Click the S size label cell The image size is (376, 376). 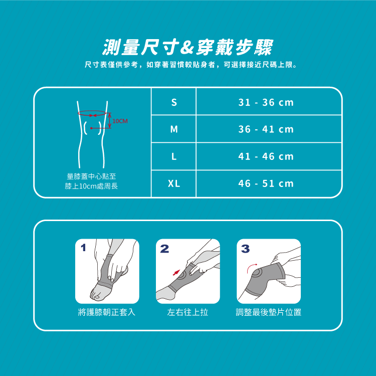click(x=174, y=102)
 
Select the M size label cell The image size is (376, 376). click(x=174, y=129)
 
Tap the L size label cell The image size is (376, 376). click(x=174, y=156)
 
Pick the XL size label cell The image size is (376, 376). click(x=174, y=183)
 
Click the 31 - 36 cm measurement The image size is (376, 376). click(x=266, y=102)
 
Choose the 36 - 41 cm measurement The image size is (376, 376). click(x=266, y=129)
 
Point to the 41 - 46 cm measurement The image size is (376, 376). click(x=266, y=156)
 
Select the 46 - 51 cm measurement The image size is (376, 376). click(x=266, y=183)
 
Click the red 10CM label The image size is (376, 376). click(x=120, y=121)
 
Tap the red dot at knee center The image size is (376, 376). click(x=91, y=128)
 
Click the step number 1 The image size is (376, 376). click(x=83, y=248)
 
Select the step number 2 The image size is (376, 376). click(x=164, y=249)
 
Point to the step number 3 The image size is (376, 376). click(x=245, y=249)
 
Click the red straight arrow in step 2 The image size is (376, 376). click(x=176, y=273)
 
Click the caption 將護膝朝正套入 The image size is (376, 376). click(x=107, y=312)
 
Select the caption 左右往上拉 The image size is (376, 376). click(x=187, y=312)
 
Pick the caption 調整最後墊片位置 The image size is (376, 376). click(x=268, y=312)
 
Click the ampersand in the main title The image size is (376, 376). click(x=187, y=48)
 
